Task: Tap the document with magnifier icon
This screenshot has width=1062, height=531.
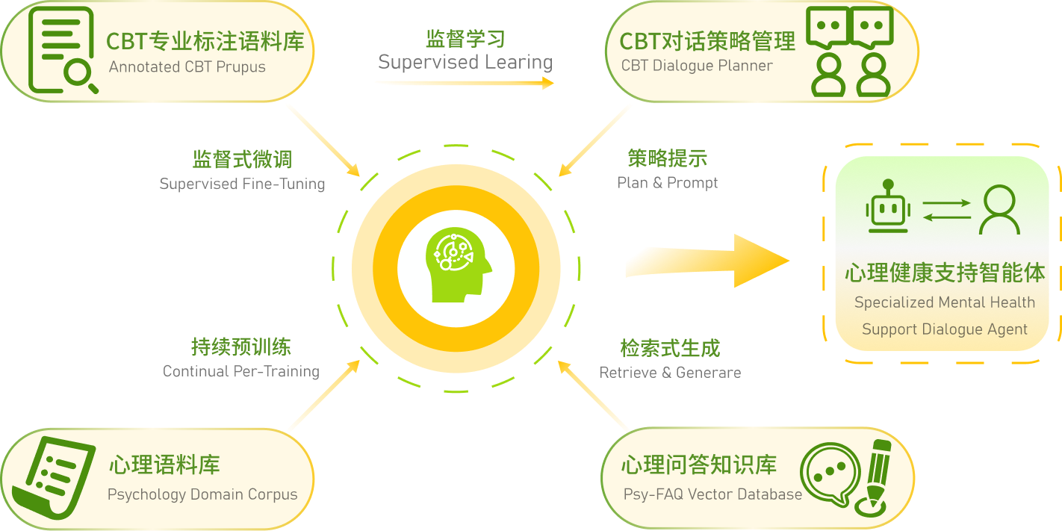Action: (x=60, y=50)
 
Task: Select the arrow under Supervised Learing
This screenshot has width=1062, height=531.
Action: (x=464, y=82)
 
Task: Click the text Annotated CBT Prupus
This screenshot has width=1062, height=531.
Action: (x=187, y=67)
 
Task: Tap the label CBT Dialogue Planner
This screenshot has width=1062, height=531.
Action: (x=697, y=66)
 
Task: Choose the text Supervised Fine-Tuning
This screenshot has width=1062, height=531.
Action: (x=242, y=184)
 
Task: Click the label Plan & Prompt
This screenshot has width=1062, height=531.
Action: (x=668, y=183)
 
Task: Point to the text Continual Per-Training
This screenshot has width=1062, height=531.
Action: (x=240, y=371)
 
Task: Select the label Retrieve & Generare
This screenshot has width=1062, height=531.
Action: (x=670, y=372)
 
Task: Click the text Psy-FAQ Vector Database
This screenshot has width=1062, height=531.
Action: (x=712, y=494)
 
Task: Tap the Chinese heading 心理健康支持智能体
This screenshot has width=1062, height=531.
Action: (x=945, y=273)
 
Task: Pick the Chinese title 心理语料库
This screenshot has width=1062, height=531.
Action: (x=164, y=465)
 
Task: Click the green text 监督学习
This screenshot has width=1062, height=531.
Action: (x=465, y=38)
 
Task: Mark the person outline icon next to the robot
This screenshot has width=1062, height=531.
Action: (x=999, y=210)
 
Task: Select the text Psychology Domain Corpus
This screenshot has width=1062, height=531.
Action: (x=202, y=494)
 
